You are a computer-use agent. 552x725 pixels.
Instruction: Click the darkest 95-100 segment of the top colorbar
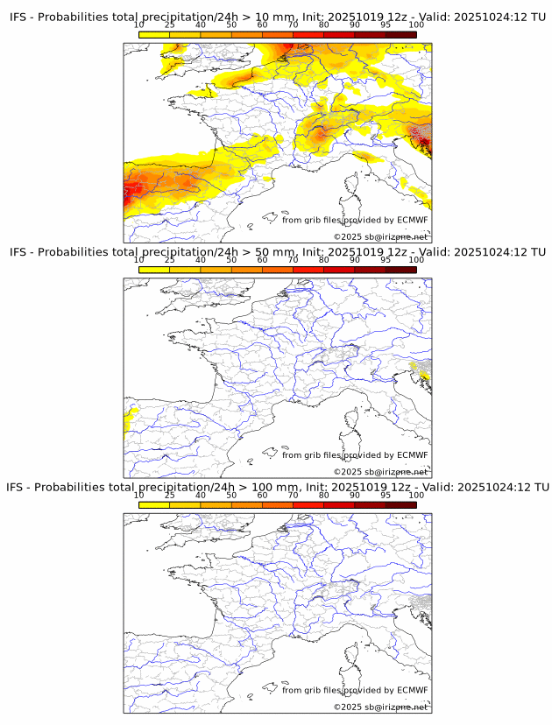coord(400,34)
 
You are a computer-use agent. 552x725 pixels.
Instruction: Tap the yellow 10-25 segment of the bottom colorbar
coord(154,504)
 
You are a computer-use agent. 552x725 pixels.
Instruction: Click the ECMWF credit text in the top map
coord(355,220)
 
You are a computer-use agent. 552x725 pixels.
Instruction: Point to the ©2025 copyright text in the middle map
coord(381,472)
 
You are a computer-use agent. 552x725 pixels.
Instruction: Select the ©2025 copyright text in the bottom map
coord(381,707)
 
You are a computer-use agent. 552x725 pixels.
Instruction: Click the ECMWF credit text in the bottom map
coord(355,690)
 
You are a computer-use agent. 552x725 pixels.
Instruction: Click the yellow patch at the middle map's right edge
coord(423,377)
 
